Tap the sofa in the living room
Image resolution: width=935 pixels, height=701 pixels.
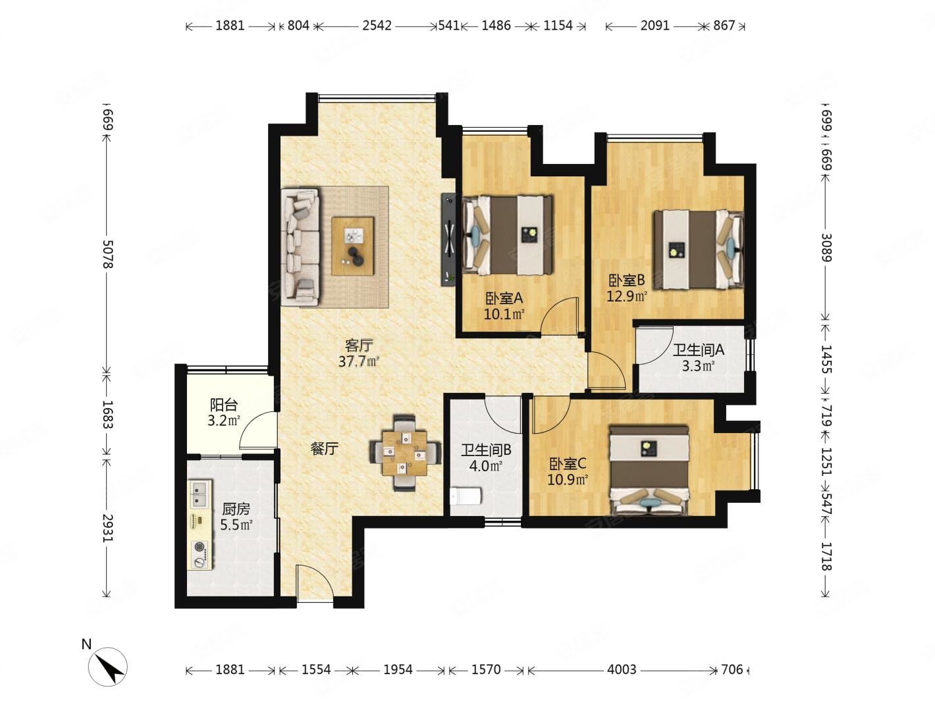tap(300, 247)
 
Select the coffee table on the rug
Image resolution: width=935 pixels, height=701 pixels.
tap(353, 246)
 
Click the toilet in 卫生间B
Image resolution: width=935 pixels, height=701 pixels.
tap(465, 496)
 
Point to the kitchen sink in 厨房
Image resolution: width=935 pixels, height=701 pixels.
tap(200, 494)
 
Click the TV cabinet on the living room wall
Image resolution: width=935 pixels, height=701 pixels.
tap(448, 240)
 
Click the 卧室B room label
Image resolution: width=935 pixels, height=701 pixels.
tap(626, 280)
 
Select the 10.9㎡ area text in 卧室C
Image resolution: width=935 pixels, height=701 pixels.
tap(568, 480)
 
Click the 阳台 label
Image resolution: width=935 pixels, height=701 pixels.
tap(224, 404)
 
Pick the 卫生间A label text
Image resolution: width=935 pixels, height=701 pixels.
tap(699, 350)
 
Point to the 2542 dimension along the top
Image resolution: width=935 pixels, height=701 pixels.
tap(377, 26)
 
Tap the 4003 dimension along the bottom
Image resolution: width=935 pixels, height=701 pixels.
tap(622, 669)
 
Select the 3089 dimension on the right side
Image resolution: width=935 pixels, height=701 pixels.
tap(826, 247)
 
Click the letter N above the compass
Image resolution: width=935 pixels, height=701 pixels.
tap(86, 644)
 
